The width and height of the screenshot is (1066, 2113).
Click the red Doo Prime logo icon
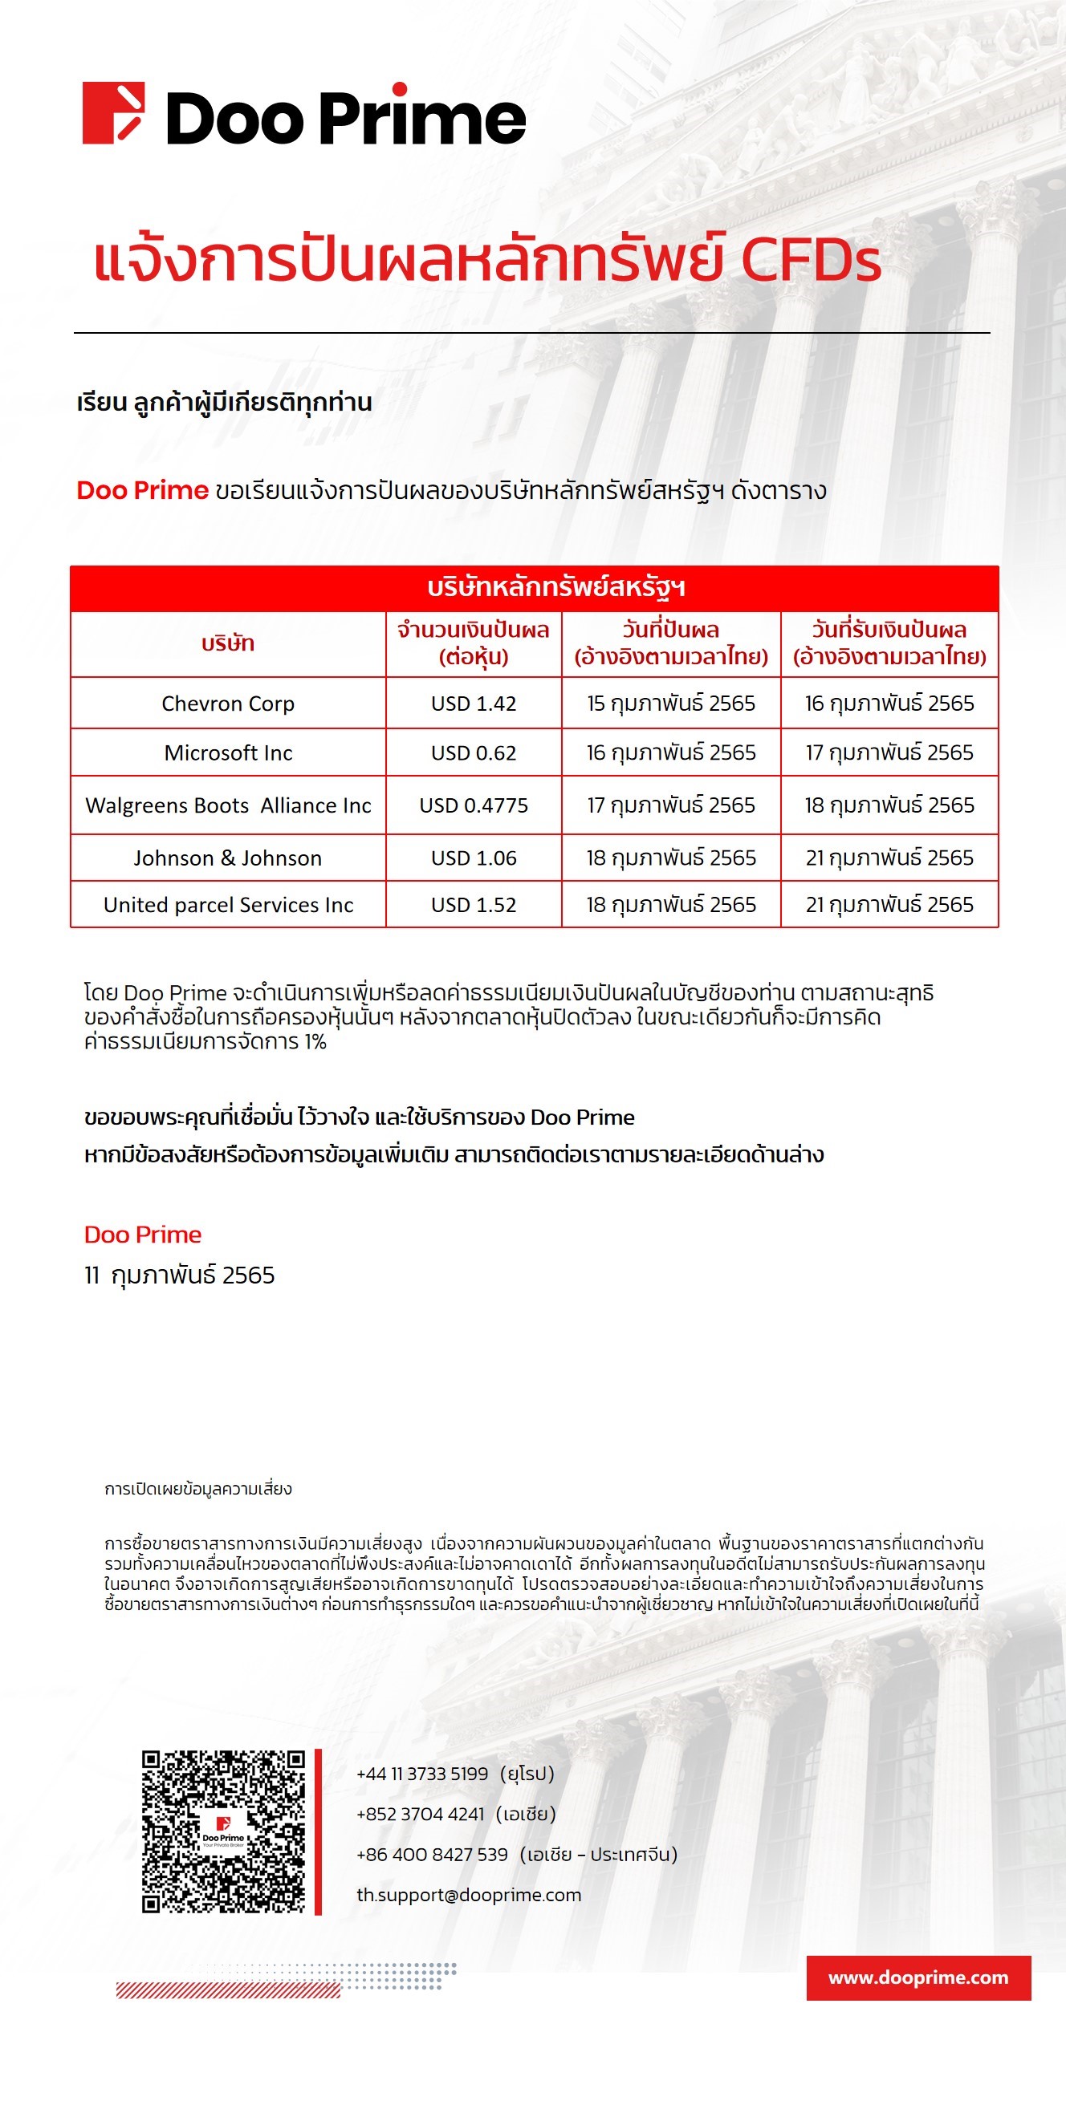tap(113, 113)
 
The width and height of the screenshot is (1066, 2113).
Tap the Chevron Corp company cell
tap(228, 704)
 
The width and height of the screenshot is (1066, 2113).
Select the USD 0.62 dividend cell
tap(474, 753)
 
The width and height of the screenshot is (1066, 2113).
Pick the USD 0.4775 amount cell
tap(474, 805)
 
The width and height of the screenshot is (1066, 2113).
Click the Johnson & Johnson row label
tap(228, 858)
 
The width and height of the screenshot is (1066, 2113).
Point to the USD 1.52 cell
tap(474, 905)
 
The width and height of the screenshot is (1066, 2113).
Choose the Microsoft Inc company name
tap(228, 753)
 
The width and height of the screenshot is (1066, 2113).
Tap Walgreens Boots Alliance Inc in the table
tap(228, 805)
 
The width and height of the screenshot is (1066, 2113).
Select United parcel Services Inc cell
tap(228, 905)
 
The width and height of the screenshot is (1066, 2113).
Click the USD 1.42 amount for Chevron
tap(474, 704)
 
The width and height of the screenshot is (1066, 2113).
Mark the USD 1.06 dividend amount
tap(474, 858)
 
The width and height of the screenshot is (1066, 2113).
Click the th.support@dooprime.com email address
tap(469, 1895)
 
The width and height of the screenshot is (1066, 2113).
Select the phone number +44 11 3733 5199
tap(422, 1774)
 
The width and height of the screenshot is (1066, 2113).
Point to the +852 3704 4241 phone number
tap(421, 1814)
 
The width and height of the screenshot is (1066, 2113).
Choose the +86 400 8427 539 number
tap(433, 1855)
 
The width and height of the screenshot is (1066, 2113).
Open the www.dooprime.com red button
tap(918, 1977)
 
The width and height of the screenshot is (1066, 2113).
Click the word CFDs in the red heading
tap(810, 262)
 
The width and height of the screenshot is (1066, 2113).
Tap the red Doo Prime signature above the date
tap(143, 1235)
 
